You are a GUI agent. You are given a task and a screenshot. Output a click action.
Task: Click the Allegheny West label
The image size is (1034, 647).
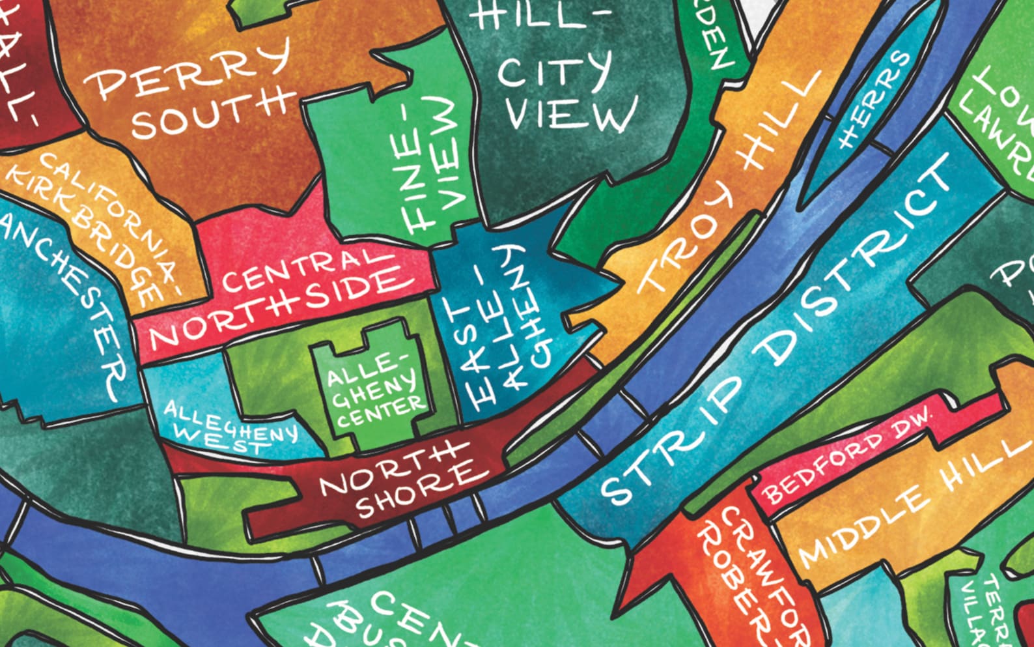point(228,427)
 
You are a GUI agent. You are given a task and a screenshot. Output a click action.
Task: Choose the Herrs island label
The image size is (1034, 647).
point(873,101)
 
